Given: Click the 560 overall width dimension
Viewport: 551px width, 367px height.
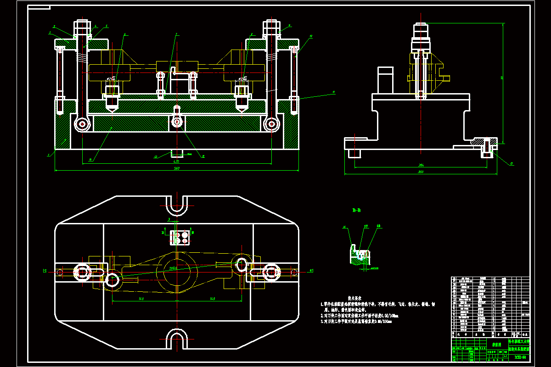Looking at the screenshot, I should [176, 168].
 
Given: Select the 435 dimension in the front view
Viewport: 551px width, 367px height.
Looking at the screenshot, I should [176, 161].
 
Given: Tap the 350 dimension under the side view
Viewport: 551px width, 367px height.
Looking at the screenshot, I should [420, 172].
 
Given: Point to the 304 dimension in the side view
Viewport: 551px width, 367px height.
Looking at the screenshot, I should [420, 165].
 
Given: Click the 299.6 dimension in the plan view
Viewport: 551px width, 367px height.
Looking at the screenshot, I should [174, 268].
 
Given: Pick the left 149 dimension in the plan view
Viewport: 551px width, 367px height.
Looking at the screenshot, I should [141, 299].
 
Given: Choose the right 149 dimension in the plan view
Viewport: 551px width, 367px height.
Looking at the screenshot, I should [212, 299].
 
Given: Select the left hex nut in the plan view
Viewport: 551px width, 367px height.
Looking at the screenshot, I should [83, 272].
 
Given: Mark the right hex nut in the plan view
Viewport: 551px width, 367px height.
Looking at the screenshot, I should [270, 272].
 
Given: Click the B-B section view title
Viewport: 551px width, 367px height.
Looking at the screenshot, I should [356, 211].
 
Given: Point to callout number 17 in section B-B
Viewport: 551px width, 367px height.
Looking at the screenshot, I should [366, 226].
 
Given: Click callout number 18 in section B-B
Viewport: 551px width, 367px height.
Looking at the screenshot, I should [378, 226].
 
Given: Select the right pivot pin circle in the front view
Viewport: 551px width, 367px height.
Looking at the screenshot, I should [272, 123].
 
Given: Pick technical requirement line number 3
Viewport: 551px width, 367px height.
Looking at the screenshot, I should [358, 321].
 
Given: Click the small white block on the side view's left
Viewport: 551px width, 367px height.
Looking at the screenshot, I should [386, 80].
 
